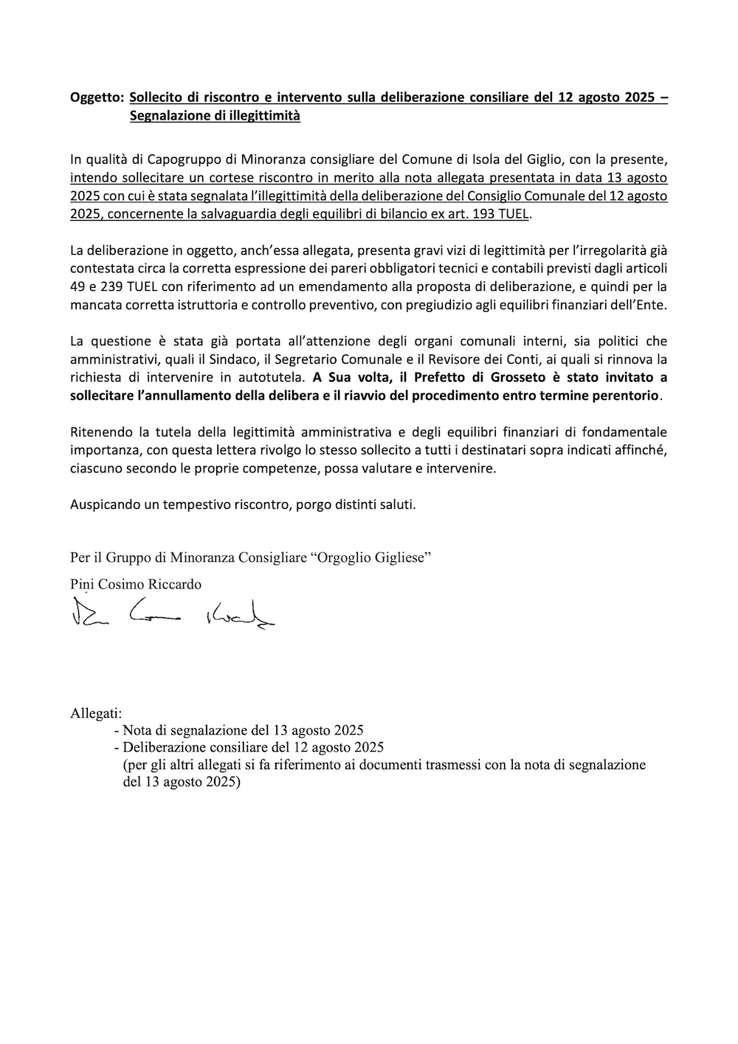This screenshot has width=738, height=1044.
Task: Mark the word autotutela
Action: coord(270,377)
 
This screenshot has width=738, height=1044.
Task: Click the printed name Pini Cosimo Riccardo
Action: coord(136,584)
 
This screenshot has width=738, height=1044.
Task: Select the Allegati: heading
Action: coord(96,714)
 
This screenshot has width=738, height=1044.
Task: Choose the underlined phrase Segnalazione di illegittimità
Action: coord(215,117)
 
